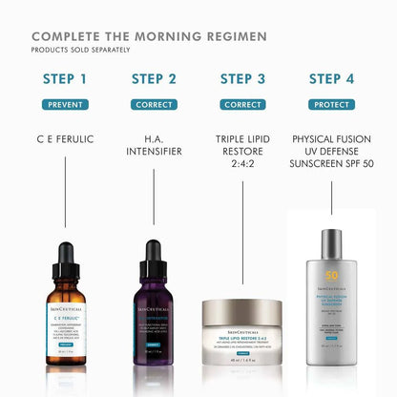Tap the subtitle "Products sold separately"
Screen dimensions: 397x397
pyautogui.click(x=81, y=50)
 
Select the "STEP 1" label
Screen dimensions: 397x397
pyautogui.click(x=66, y=79)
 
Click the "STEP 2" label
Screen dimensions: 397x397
pyautogui.click(x=154, y=79)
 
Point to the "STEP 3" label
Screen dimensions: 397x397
pyautogui.click(x=242, y=79)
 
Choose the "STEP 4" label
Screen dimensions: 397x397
pyautogui.click(x=331, y=79)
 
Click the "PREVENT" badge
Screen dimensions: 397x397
pyautogui.click(x=66, y=104)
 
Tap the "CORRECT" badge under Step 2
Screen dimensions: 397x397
pyautogui.click(x=154, y=104)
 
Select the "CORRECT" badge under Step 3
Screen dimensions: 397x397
pyautogui.click(x=242, y=104)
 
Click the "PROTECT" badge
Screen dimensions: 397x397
pyautogui.click(x=331, y=104)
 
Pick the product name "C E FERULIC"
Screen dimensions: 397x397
pyautogui.click(x=66, y=139)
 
